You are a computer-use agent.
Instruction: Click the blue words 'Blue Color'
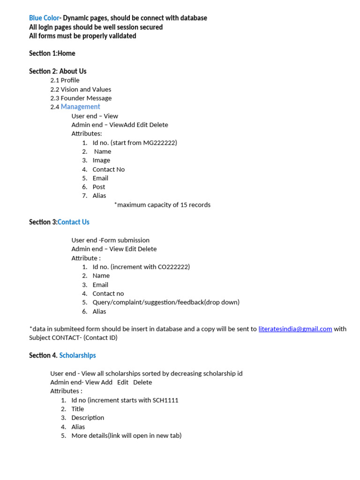[x=44, y=18]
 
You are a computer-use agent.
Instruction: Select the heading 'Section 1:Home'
[x=52, y=53]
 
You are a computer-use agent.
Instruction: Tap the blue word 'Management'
[x=80, y=107]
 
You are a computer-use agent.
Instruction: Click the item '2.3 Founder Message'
[x=81, y=98]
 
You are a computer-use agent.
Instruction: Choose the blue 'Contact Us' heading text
[x=74, y=222]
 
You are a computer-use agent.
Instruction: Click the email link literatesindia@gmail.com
[x=295, y=329]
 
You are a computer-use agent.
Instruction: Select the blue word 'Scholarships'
[x=77, y=355]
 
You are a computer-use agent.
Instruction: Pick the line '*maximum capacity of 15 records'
[x=162, y=205]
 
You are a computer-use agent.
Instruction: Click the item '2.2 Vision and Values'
[x=81, y=89]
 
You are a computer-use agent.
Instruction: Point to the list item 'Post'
[x=99, y=187]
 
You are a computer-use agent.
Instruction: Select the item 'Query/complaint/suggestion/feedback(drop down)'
[x=166, y=302]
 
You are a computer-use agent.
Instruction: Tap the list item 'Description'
[x=88, y=418]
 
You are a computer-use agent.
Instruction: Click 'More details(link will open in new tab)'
[x=126, y=435]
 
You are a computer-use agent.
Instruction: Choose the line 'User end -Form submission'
[x=110, y=240]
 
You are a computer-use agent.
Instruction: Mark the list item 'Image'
[x=101, y=160]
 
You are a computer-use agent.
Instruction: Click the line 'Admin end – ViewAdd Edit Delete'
[x=120, y=125]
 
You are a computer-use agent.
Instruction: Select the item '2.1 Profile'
[x=65, y=80]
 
